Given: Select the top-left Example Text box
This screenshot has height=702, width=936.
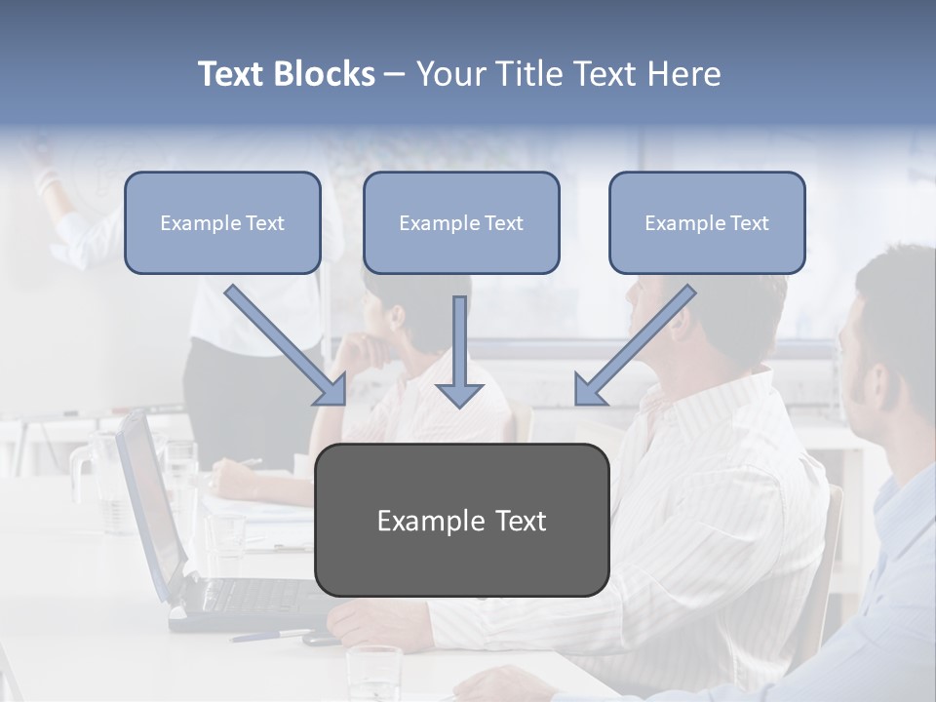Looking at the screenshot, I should pyautogui.click(x=222, y=222).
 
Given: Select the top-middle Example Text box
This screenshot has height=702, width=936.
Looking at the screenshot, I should pyautogui.click(x=461, y=222).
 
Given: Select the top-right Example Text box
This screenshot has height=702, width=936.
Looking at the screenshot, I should pyautogui.click(x=707, y=222).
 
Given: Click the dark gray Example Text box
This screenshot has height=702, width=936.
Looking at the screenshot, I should pyautogui.click(x=461, y=520).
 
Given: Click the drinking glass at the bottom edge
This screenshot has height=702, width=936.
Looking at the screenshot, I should pyautogui.click(x=373, y=673).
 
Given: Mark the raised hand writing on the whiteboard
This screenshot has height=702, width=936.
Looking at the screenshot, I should pyautogui.click(x=44, y=175).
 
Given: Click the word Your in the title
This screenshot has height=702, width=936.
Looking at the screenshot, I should pyautogui.click(x=450, y=74).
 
